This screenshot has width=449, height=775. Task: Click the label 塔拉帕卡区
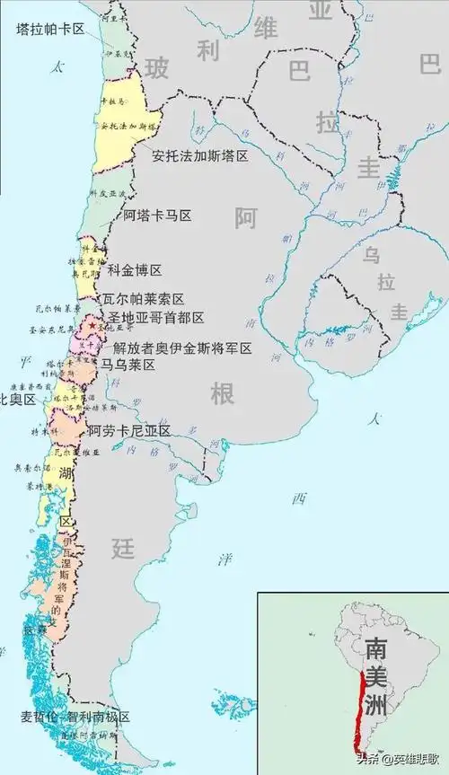50,29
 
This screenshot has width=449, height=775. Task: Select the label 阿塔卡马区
158,216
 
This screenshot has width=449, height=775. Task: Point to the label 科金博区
135,270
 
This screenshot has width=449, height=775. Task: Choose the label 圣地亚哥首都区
155,318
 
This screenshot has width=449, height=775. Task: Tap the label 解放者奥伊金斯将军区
182,348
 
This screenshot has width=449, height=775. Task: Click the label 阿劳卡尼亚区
130,430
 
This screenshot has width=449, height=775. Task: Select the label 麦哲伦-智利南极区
75,717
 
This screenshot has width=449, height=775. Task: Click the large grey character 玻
156,67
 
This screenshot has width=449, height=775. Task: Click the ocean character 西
298,499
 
